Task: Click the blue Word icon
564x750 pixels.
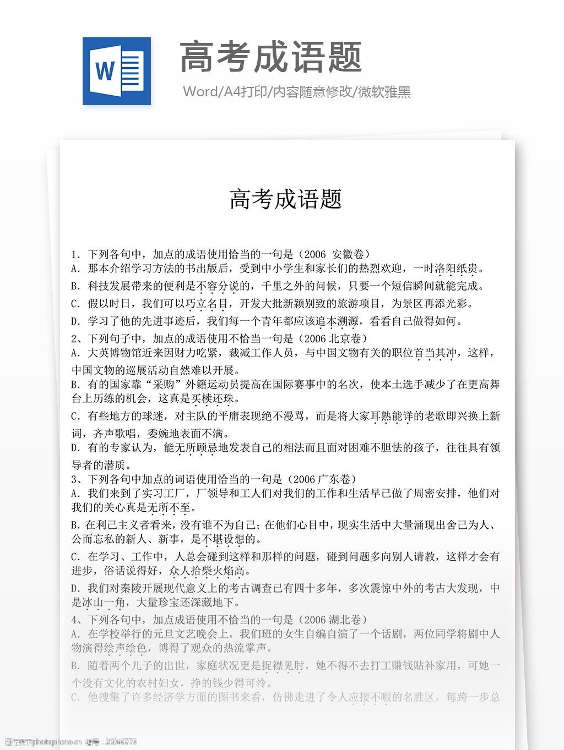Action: pyautogui.click(x=117, y=71)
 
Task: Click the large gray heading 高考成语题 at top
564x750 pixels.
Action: pyautogui.click(x=271, y=57)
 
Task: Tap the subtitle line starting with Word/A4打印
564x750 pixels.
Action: pyautogui.click(x=297, y=92)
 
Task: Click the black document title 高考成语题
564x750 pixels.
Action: pyautogui.click(x=286, y=199)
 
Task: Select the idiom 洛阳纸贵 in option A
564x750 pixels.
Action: pyautogui.click(x=456, y=269)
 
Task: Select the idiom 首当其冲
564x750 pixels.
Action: pyautogui.click(x=435, y=353)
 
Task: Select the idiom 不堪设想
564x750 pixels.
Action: pyautogui.click(x=224, y=539)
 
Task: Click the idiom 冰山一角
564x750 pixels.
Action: pyautogui.click(x=104, y=603)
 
